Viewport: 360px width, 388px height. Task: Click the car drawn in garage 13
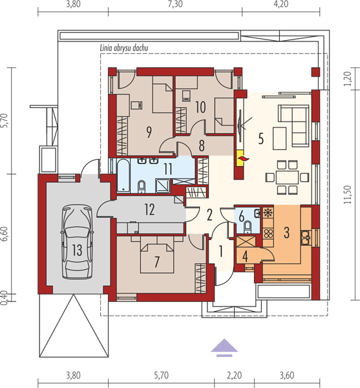click(77, 241)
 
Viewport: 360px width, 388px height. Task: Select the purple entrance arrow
click(224, 347)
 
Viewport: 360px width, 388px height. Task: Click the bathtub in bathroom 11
click(123, 176)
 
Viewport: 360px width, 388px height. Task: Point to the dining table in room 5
click(287, 177)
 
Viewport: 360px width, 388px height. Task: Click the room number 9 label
click(149, 132)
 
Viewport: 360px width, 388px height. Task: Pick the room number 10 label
click(200, 107)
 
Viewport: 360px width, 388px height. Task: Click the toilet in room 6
click(247, 227)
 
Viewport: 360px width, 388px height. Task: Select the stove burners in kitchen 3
click(268, 233)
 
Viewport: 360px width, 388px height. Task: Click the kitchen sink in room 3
click(306, 237)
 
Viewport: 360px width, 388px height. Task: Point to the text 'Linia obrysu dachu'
click(124, 48)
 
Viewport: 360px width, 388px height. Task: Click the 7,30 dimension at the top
click(175, 5)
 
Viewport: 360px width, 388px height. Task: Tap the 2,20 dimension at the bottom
click(234, 375)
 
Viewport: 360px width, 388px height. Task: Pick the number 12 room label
click(149, 210)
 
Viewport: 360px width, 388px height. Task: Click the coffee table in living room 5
click(280, 138)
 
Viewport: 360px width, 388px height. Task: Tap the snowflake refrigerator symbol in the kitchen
click(268, 213)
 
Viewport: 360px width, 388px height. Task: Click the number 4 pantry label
click(245, 256)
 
